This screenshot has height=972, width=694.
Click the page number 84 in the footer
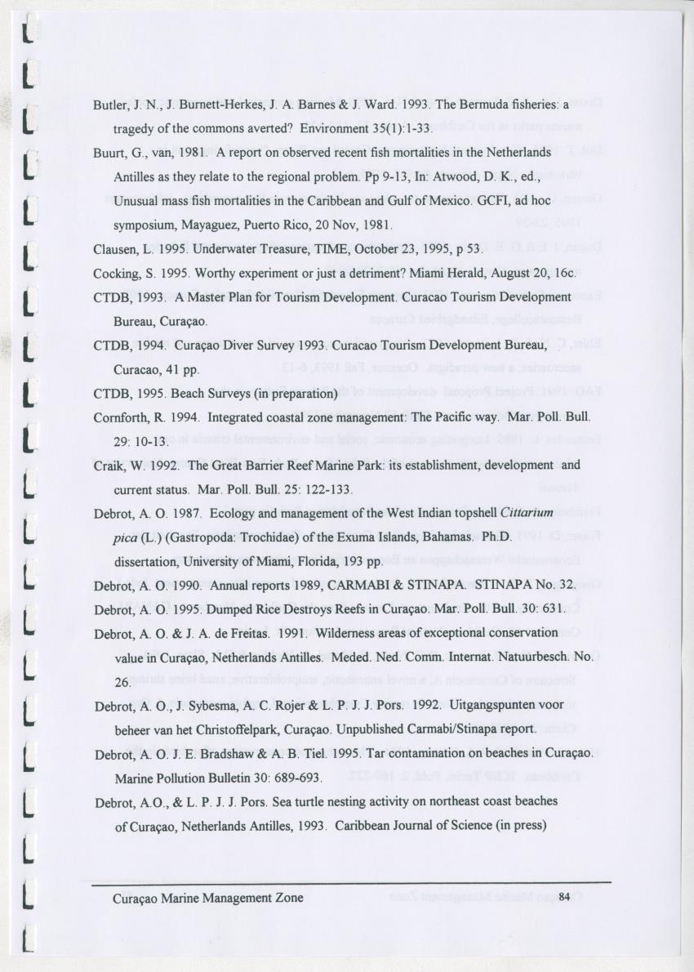click(x=564, y=897)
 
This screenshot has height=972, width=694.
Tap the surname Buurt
click(x=108, y=153)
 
